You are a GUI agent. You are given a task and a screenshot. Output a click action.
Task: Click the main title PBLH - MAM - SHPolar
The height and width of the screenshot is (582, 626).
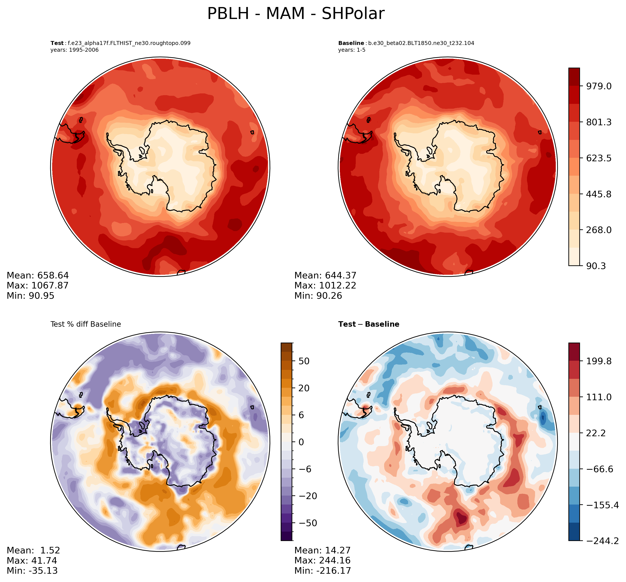click(x=296, y=14)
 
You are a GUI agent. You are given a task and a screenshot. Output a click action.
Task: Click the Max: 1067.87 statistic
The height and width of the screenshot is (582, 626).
click(x=38, y=286)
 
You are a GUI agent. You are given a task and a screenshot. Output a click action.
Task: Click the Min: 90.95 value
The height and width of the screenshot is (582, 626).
click(x=31, y=296)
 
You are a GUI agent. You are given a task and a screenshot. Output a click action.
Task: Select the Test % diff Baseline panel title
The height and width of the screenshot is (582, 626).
click(x=86, y=324)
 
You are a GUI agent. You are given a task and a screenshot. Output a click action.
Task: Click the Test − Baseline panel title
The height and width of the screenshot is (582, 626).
click(x=369, y=324)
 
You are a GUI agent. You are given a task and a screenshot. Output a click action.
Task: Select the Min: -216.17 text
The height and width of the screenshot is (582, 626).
click(x=323, y=571)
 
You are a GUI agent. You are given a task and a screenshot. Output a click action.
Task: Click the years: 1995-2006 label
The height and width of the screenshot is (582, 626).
click(x=75, y=50)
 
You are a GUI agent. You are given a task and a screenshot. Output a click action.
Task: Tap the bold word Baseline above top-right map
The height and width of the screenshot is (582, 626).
click(x=351, y=43)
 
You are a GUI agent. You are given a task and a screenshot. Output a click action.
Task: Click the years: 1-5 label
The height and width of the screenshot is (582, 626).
click(x=352, y=50)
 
